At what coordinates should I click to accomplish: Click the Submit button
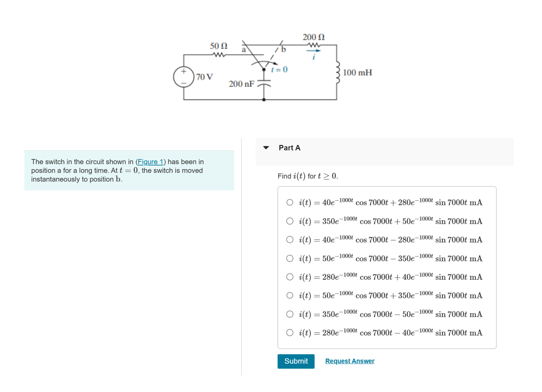click(296, 361)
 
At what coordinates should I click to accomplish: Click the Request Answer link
click(350, 361)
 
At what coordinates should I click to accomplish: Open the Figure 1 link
click(150, 162)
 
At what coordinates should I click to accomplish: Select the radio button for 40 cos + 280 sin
click(290, 202)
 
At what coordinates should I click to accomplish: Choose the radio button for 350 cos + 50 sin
click(290, 221)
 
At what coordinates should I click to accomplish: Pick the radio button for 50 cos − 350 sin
click(290, 258)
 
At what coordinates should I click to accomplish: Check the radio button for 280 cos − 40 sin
click(290, 333)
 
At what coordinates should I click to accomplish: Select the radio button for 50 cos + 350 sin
click(290, 296)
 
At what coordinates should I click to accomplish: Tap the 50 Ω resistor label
click(218, 46)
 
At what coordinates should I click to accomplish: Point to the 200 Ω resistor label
click(313, 37)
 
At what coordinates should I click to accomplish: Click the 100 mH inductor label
click(357, 73)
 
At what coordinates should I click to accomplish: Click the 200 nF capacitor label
click(241, 84)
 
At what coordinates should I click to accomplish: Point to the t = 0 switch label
click(279, 70)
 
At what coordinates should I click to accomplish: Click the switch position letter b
click(283, 49)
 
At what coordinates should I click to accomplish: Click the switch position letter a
click(244, 49)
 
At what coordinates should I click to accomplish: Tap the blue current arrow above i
click(313, 51)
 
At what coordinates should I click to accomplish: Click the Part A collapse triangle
click(266, 148)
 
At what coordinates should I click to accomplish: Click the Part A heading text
click(289, 148)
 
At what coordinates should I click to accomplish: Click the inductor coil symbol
click(337, 73)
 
